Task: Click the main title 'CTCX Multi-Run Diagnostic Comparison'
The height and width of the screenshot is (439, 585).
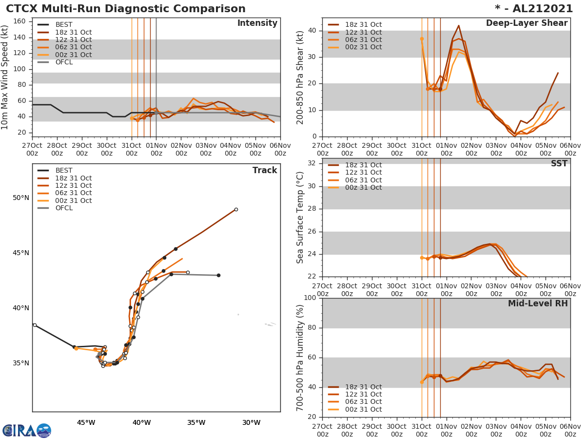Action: pos(126,9)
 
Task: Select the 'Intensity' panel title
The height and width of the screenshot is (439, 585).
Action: pos(257,23)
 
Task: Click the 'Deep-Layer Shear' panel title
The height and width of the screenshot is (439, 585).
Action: pos(526,23)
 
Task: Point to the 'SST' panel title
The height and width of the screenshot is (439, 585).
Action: pos(559,164)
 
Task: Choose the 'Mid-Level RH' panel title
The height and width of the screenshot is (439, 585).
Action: pos(538,304)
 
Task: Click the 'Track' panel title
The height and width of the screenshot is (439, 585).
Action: pos(264,170)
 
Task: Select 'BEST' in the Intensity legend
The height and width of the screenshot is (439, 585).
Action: pos(64,25)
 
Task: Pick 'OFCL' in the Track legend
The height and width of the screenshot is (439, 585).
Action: pos(64,208)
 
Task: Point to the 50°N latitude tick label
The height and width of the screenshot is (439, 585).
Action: pos(21,198)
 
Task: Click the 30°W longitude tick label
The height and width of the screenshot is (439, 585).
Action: pos(251,422)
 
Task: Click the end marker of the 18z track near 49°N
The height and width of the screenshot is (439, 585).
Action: pos(236,210)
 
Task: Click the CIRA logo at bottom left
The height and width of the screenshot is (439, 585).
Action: pos(26,430)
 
